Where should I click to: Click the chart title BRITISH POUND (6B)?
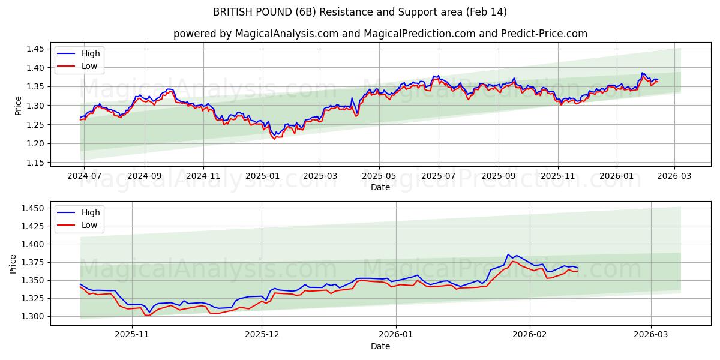coord(360,12)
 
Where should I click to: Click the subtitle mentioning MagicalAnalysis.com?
coord(380,34)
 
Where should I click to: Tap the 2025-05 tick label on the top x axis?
coord(379,176)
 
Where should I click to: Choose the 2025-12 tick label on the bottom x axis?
coord(262,335)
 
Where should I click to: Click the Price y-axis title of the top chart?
coord(18,106)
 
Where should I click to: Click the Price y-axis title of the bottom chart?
coord(13,264)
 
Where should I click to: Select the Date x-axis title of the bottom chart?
coord(380,346)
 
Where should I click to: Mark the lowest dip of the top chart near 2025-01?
coord(275,139)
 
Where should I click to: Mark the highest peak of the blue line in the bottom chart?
coord(508,254)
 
